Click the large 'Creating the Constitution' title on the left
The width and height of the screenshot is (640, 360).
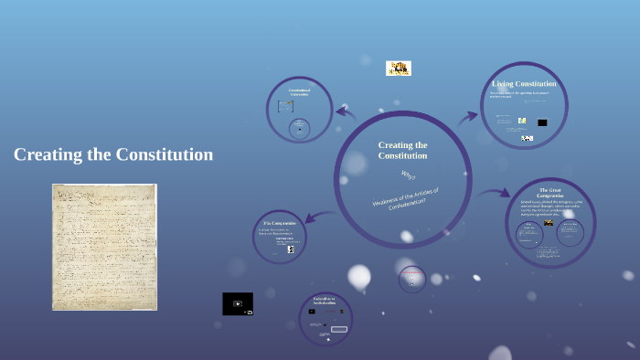click(113, 154)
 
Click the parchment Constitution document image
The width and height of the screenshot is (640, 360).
click(104, 247)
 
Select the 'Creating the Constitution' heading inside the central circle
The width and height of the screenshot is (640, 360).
click(402, 150)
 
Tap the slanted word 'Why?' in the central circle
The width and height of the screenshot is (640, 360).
click(408, 175)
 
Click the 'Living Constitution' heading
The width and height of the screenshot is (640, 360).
click(524, 84)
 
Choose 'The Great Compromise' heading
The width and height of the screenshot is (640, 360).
click(550, 192)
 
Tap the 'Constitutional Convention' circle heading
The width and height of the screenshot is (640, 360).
click(299, 91)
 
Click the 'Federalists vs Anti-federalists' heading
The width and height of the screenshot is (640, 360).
click(325, 301)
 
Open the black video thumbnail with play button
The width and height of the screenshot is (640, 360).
click(238, 303)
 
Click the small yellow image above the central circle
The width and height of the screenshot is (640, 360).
click(398, 68)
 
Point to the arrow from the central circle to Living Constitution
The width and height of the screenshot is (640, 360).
click(468, 117)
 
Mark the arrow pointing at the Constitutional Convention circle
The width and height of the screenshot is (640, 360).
click(346, 112)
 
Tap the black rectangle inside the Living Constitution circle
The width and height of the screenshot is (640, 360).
click(542, 122)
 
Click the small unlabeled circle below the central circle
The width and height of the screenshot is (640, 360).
click(412, 279)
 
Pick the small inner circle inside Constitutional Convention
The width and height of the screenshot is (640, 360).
click(299, 129)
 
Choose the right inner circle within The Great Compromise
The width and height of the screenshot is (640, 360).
click(569, 235)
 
